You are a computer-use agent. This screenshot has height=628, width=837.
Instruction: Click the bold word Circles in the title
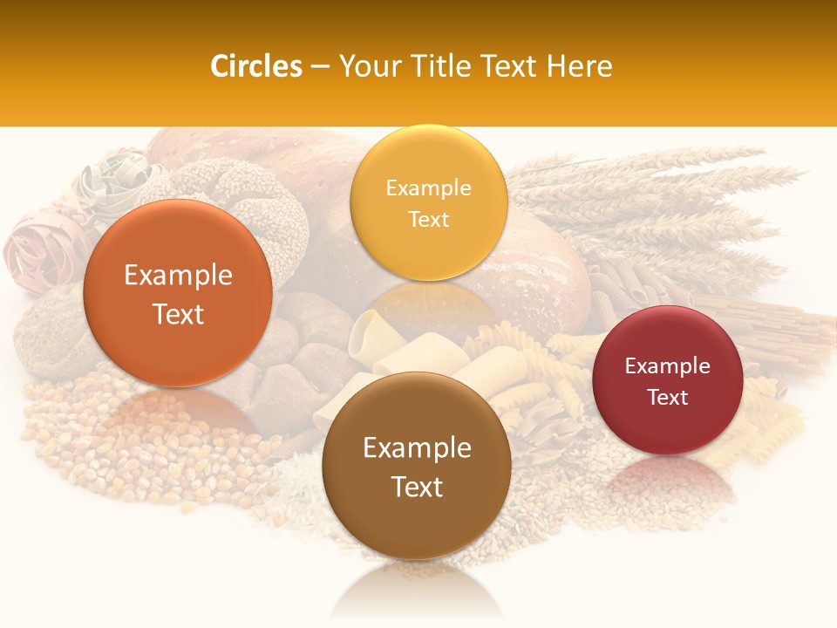(255, 66)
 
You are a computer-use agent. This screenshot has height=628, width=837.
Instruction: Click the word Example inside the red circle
(668, 366)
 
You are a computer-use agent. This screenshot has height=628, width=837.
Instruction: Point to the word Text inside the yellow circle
(428, 220)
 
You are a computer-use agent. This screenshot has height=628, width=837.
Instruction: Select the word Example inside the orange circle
(178, 276)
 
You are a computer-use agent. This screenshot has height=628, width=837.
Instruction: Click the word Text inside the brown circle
(417, 487)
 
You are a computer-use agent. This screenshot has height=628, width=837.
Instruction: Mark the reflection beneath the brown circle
(417, 589)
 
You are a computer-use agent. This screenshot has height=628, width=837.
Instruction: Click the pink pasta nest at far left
(31, 253)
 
